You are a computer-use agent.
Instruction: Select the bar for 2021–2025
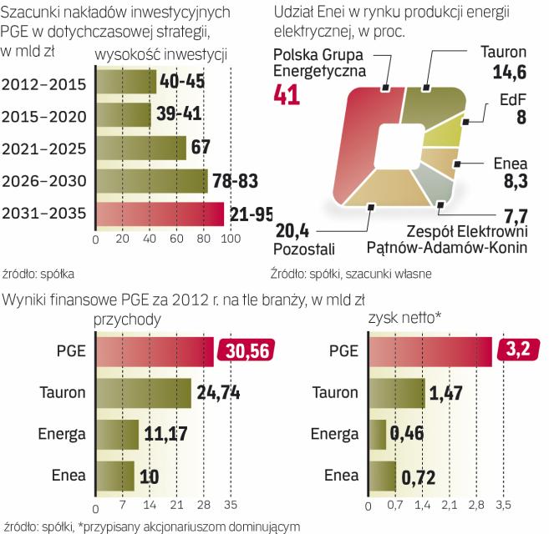pyautogui.click(x=140, y=149)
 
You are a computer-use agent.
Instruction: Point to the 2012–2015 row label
pyautogui.click(x=43, y=83)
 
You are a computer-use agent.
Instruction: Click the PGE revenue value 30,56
pyautogui.click(x=242, y=352)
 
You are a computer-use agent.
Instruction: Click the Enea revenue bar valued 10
pyautogui.click(x=114, y=476)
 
